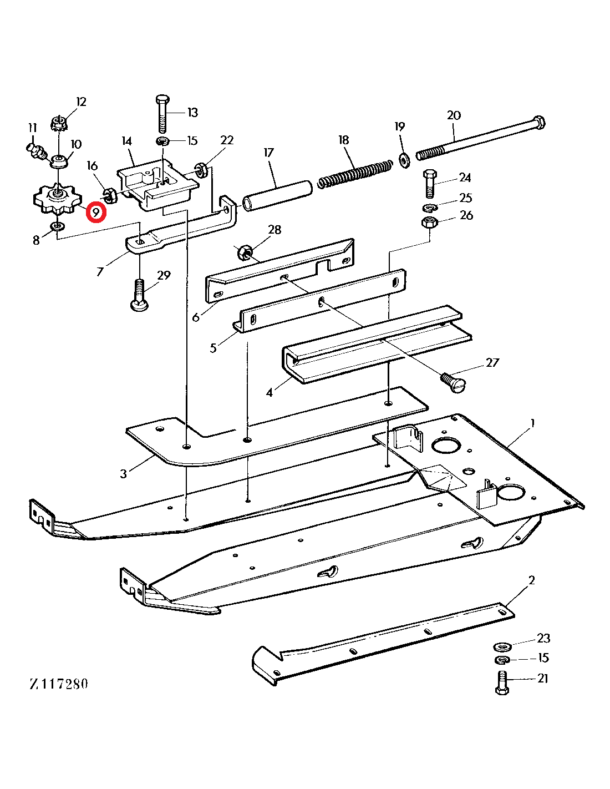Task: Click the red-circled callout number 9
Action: coord(96,213)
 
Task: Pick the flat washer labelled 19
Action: coord(404,159)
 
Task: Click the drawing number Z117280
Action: coord(59,684)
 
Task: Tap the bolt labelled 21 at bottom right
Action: coord(501,682)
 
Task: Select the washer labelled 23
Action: coord(502,646)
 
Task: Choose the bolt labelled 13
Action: coord(162,114)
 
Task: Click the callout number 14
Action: coord(127,141)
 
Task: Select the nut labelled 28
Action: coord(244,253)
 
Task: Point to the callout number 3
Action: coord(123,473)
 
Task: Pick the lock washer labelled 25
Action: coord(429,207)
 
